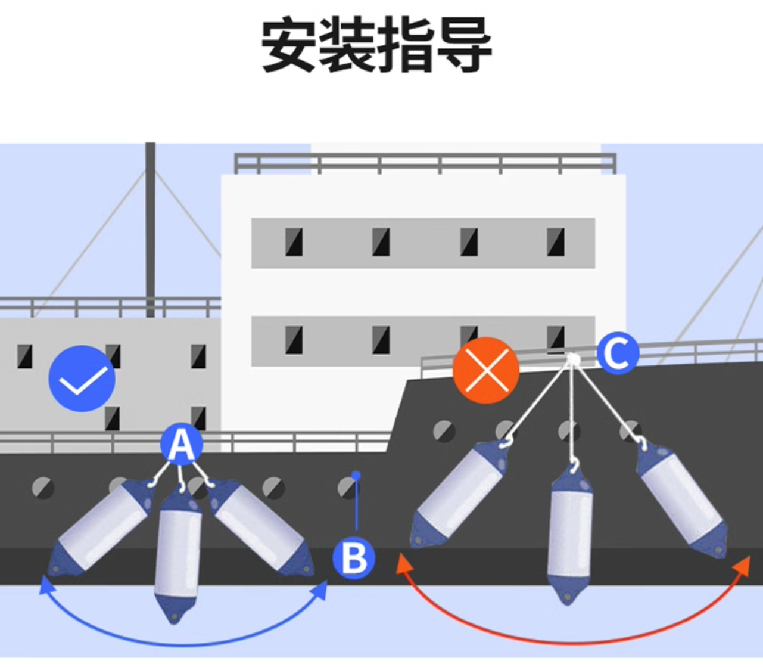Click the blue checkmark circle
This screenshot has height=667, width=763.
pyautogui.click(x=82, y=379)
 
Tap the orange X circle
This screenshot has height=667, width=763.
pyautogui.click(x=486, y=370)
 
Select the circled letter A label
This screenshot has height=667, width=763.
pyautogui.click(x=181, y=444)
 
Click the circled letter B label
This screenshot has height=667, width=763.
pyautogui.click(x=354, y=559)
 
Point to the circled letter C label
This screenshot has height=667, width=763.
pyautogui.click(x=618, y=353)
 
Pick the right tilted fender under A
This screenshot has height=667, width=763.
pyautogui.click(x=261, y=528)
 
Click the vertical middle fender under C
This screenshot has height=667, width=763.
pyautogui.click(x=569, y=533)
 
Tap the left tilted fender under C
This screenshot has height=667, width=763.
pyautogui.click(x=459, y=494)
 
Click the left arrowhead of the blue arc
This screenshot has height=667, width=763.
pyautogui.click(x=45, y=587)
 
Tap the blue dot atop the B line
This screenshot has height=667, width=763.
pyautogui.click(x=356, y=476)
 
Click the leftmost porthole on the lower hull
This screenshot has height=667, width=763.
pyautogui.click(x=43, y=487)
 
